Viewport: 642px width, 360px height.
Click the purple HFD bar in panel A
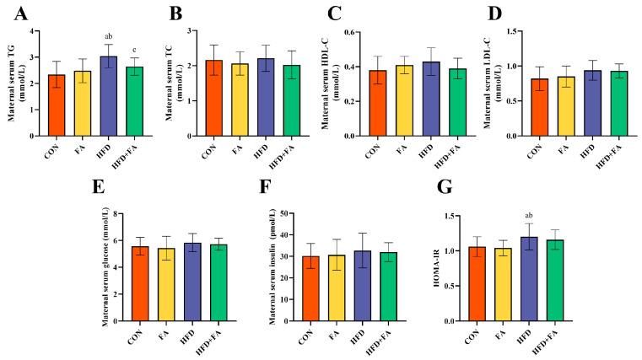pyautogui.click(x=108, y=96)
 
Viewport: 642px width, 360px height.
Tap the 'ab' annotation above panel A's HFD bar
pyautogui.click(x=108, y=37)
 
